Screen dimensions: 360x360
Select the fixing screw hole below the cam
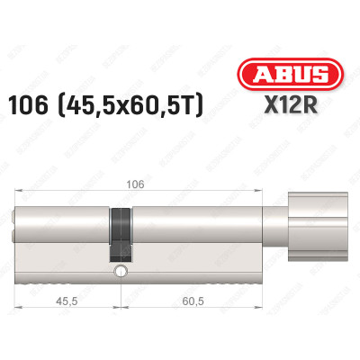119,271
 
